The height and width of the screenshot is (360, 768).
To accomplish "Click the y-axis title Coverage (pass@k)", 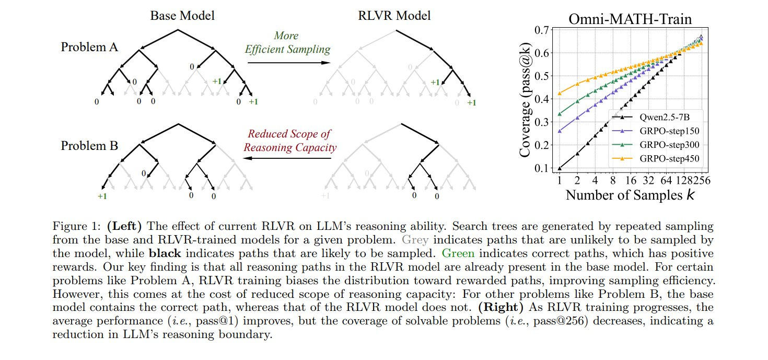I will [527, 99].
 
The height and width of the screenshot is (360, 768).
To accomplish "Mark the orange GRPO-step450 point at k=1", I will [560, 94].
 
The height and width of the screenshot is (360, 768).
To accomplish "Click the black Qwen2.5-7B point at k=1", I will [560, 168].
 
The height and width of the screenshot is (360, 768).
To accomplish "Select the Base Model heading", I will [182, 16].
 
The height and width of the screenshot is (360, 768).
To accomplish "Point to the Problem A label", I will [89, 47].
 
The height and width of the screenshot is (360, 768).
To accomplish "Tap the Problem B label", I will [89, 145].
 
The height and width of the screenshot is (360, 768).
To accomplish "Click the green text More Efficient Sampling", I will [288, 43].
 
